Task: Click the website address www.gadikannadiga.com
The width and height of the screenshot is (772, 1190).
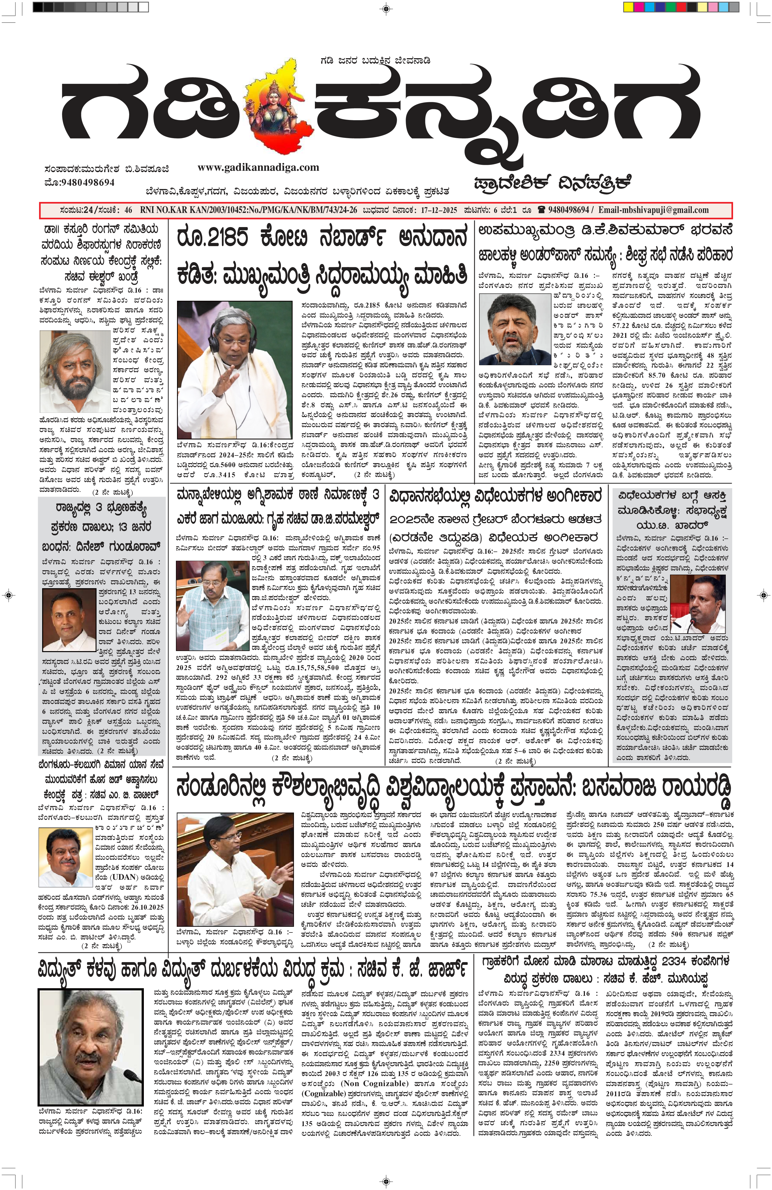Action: click(x=258, y=168)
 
